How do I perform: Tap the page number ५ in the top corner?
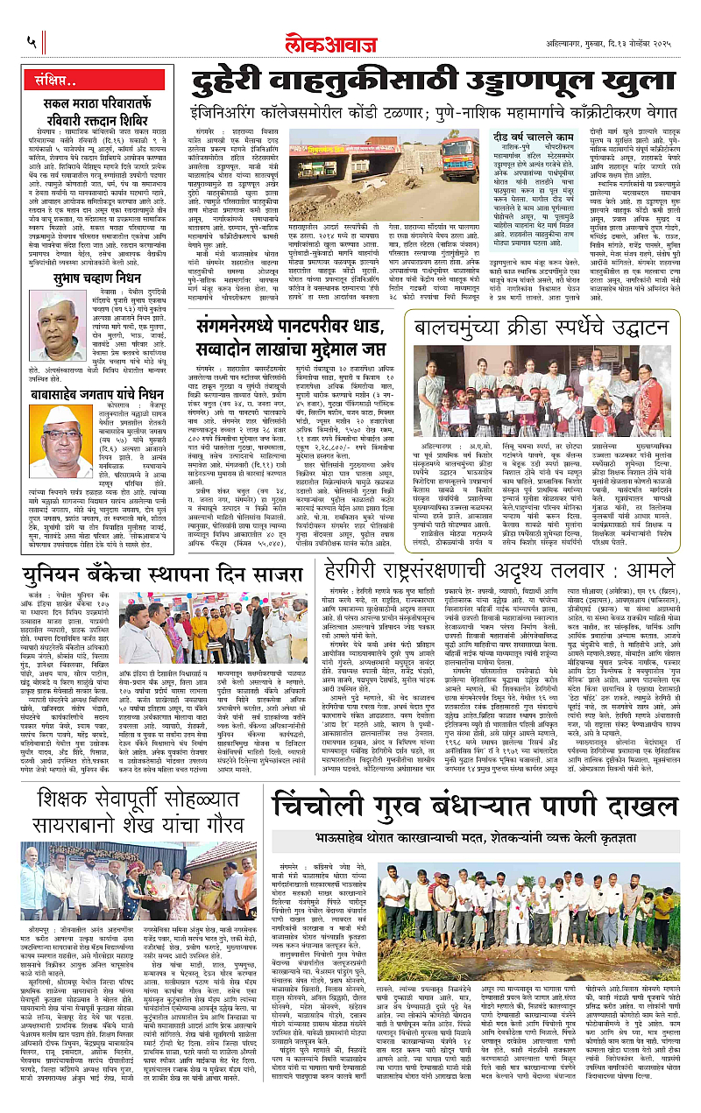coord(31,41)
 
